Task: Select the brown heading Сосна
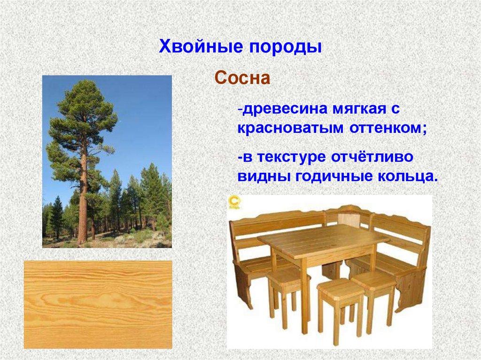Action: pos(242,78)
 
